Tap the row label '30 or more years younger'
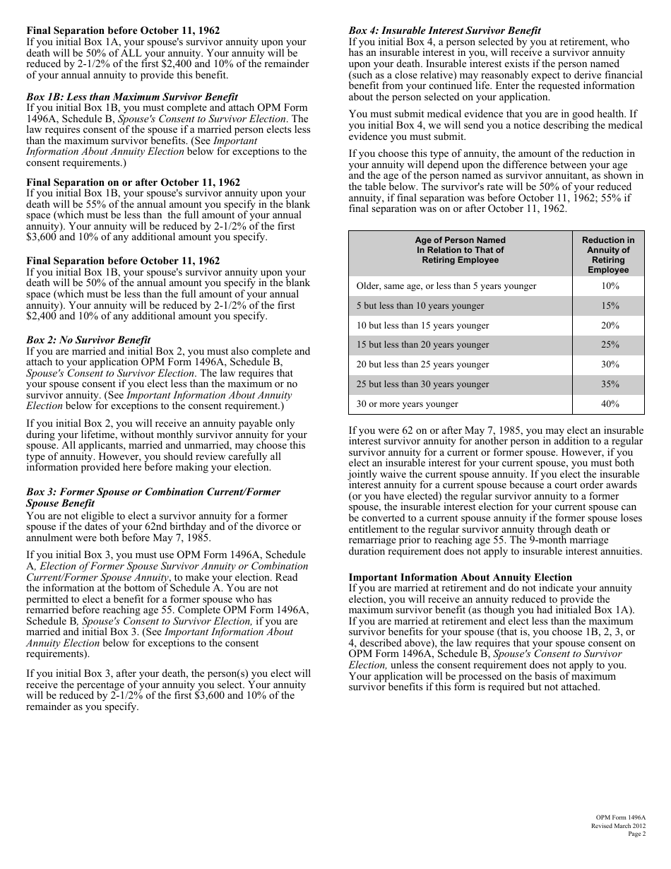pos(408,404)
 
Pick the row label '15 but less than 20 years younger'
pos(422,345)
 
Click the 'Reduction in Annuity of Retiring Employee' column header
pos(608,255)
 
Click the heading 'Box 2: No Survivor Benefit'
pos(88,340)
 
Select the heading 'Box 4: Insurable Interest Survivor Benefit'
pos(445,30)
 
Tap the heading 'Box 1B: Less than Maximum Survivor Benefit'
pos(132,97)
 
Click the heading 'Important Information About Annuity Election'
pos(461,577)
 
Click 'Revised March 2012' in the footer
pos(618,825)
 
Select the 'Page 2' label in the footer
pos(636,834)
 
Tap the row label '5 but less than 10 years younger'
pos(420,306)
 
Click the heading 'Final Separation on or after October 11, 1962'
pos(133,182)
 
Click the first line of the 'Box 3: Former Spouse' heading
pos(153,492)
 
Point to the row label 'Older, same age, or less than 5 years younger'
pos(446,286)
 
